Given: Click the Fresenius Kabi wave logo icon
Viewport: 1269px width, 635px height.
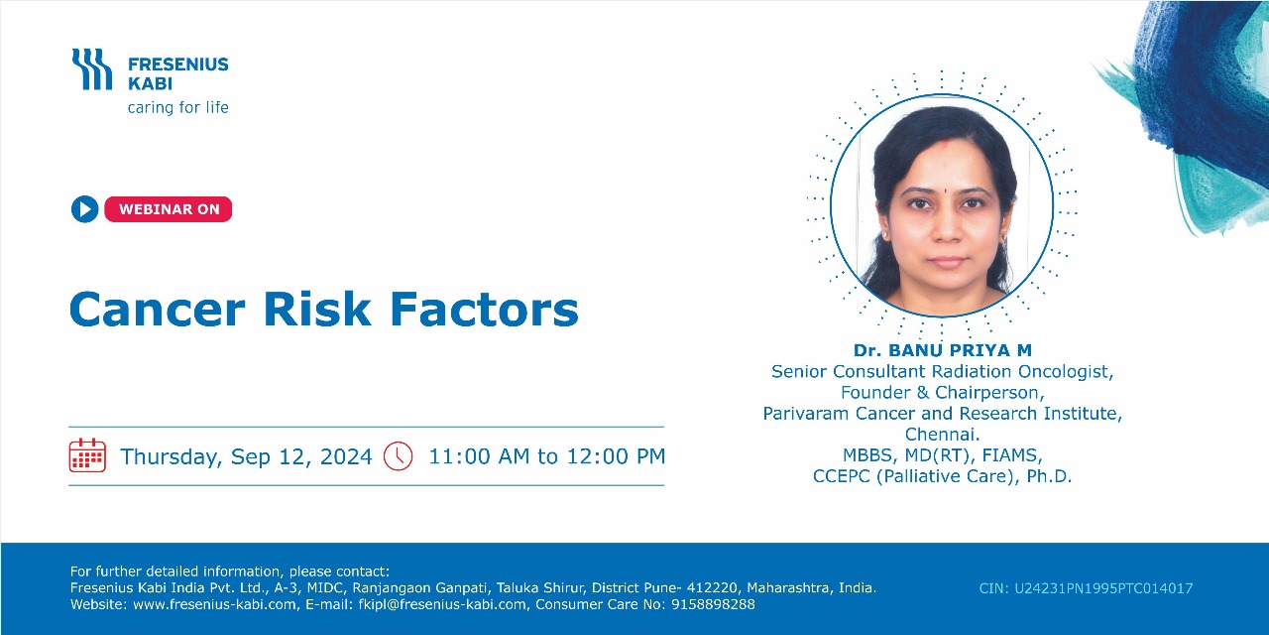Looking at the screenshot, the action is tap(92, 69).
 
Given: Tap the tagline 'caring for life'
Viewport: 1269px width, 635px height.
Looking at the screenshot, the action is tap(177, 107).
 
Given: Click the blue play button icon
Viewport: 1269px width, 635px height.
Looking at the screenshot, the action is tap(85, 209).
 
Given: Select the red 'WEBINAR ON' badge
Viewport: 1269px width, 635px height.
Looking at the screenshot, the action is tap(169, 209).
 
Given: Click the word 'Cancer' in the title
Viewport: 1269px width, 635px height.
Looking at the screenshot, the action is tap(158, 310).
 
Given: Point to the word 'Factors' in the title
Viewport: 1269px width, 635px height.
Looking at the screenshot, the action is tap(485, 310).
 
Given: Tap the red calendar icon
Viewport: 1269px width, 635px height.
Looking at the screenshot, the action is tap(87, 455).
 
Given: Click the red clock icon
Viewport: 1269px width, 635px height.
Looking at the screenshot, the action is tap(399, 455).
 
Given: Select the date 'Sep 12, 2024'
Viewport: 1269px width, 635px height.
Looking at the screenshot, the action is tap(301, 456).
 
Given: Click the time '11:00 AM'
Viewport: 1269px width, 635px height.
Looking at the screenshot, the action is tap(479, 456).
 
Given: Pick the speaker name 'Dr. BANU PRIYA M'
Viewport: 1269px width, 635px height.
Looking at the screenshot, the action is tap(943, 350).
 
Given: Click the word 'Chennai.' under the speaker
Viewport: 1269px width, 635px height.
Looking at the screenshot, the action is tap(942, 435).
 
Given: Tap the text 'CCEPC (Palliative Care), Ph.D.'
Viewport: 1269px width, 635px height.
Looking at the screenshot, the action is tap(942, 476).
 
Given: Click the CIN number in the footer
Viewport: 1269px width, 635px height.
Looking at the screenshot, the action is tap(1086, 588).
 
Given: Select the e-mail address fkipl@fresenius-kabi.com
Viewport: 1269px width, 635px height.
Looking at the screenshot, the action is tap(442, 604).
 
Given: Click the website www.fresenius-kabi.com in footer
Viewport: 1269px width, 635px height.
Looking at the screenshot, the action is tap(214, 604).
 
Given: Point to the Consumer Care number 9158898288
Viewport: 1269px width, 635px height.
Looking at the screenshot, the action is tap(713, 604).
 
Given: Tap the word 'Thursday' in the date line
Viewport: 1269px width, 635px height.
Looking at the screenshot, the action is tap(170, 456).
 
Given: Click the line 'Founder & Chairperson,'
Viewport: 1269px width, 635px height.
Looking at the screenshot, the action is tap(942, 392).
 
